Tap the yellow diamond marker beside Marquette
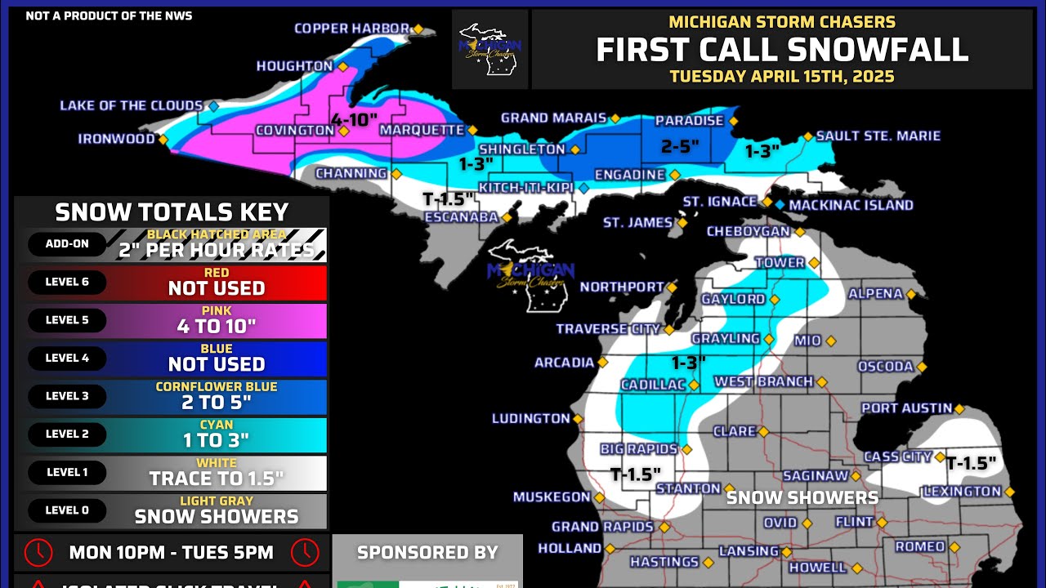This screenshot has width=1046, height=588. [x=472, y=130]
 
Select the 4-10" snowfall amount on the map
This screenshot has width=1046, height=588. [x=354, y=120]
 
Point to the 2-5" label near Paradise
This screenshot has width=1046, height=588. [x=680, y=147]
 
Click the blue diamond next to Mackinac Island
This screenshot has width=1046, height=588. [x=780, y=205]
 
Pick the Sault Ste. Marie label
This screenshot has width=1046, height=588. [x=878, y=136]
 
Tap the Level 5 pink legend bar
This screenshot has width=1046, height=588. [x=217, y=321]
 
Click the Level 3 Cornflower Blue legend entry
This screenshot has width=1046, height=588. [x=217, y=397]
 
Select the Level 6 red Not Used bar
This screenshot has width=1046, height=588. [x=217, y=283]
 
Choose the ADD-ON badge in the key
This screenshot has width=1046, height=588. [x=67, y=244]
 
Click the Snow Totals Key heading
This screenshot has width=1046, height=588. [x=172, y=212]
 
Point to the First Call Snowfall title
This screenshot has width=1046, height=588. [x=782, y=51]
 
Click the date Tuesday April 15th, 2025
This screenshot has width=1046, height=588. [x=782, y=77]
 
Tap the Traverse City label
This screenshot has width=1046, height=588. [x=608, y=329]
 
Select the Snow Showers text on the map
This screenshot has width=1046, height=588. [x=802, y=497]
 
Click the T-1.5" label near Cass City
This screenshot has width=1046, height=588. [x=971, y=464]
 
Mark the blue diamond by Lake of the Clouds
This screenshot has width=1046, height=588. [x=213, y=106]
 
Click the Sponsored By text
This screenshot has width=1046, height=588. [x=427, y=553]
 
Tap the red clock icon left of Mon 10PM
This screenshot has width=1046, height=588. [x=38, y=553]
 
